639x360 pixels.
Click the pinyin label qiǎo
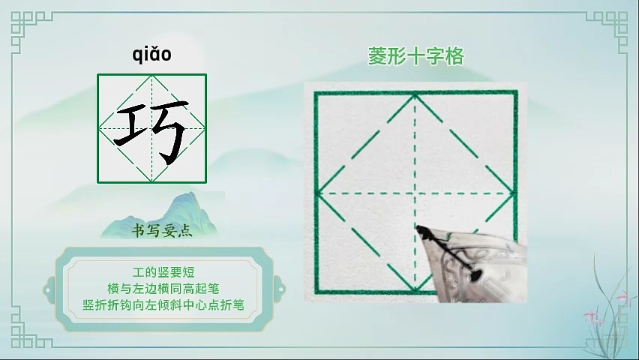pos(151,55)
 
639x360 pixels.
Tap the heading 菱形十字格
pos(416,56)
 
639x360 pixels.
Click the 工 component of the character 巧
pos(132,125)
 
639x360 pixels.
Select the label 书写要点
pos(162,231)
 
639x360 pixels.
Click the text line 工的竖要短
pos(163,272)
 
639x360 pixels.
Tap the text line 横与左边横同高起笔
pos(163,289)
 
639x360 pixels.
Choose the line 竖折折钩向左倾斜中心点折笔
pos(163,305)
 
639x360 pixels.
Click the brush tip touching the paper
pos(418,227)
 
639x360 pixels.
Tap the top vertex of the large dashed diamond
pos(415,95)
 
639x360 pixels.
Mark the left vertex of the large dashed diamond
pos(319,193)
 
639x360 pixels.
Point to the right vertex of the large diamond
pos(513,193)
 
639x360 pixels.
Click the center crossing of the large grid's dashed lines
pos(415,193)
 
